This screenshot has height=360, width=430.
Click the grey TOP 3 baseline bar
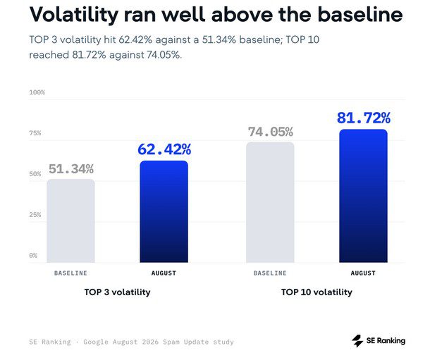pos(70,221)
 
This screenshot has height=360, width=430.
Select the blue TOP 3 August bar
pos(164,211)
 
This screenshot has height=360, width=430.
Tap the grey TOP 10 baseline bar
pos(270,202)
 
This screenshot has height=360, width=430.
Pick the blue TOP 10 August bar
pos(363,196)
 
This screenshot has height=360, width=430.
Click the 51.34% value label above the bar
pos(71,169)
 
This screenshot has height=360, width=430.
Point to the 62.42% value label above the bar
pos(164,149)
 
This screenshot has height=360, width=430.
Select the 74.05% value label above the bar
pos(271,132)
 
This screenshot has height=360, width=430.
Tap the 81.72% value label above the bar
pos(364,118)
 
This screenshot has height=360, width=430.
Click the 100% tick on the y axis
pos(37,92)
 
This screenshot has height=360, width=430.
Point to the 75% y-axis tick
pos(35,133)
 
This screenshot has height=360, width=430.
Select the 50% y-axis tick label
pos(35,174)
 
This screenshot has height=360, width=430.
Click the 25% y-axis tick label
pos(35,214)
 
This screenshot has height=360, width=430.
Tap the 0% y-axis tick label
pos(33,255)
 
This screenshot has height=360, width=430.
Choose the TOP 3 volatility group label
pos(118,292)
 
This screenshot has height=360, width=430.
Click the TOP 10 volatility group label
pos(317,292)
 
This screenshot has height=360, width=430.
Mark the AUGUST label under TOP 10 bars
pos(363,273)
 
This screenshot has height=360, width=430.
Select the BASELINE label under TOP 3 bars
pos(70,273)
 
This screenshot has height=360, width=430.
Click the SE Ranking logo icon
pos(357,341)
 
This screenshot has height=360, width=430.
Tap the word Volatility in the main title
pos(74,14)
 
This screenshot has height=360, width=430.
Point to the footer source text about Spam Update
pos(131,342)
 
